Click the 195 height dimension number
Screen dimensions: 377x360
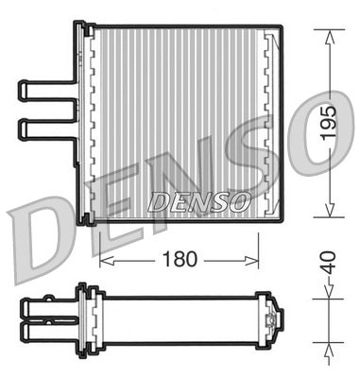tap(328, 123)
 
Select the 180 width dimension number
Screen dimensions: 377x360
tap(179, 258)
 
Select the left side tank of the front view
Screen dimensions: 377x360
tap(92, 123)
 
